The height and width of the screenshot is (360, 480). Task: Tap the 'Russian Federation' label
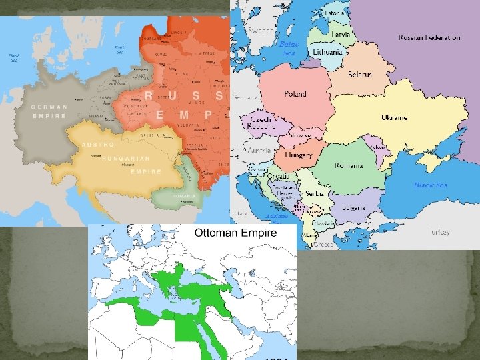[x=429, y=37]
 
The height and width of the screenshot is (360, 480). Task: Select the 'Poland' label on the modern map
[x=295, y=94]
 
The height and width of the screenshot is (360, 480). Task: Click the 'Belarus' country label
[x=360, y=74]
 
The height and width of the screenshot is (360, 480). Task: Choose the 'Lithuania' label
[x=327, y=51]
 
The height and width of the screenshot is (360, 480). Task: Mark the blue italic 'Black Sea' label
[x=429, y=185]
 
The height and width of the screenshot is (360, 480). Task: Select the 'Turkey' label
[x=438, y=232]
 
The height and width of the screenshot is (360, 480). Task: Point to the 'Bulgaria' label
[x=353, y=207]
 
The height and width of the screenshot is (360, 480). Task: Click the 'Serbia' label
[x=316, y=193]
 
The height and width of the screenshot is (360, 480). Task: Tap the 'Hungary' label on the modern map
[x=299, y=155]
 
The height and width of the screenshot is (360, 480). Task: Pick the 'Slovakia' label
[x=300, y=135]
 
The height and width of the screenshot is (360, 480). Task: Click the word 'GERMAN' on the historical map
[x=49, y=107]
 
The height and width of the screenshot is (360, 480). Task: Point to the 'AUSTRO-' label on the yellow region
[x=98, y=145]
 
